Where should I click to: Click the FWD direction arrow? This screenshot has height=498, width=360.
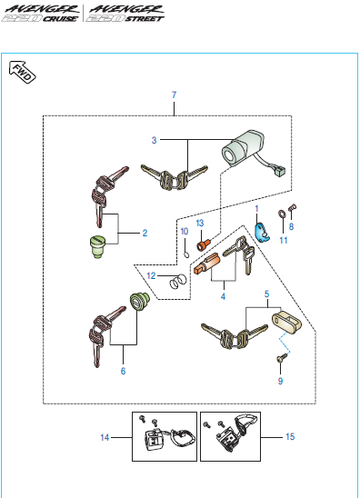22,72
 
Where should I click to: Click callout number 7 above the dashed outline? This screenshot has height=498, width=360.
174,95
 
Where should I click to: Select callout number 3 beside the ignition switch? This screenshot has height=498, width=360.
155,140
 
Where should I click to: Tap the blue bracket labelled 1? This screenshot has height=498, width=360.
262,233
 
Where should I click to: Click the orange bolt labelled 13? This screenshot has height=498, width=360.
204,244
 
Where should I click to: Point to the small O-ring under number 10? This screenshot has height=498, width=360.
187,254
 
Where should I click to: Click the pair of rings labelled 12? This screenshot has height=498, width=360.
177,282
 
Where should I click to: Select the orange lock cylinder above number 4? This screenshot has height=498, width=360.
207,264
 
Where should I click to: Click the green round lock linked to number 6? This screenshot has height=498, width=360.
140,302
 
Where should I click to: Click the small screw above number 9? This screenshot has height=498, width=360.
282,359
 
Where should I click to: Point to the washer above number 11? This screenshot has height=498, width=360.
282,214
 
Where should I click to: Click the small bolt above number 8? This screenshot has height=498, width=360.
293,208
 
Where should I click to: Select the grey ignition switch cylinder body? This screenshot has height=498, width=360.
243,147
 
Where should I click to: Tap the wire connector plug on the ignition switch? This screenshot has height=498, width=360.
280,171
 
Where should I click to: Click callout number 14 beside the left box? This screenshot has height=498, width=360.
105,437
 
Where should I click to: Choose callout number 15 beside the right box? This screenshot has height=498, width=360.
290,437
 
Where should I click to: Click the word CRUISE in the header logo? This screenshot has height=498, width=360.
60,19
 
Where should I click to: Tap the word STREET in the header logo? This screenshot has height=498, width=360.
145,19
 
